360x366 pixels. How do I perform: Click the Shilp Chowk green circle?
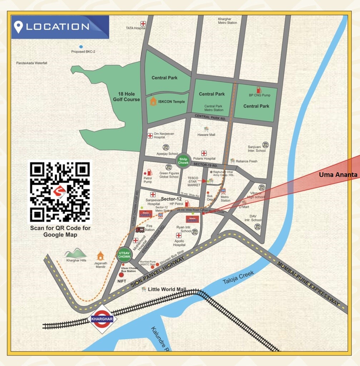[184, 161]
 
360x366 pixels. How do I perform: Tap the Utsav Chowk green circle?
[124, 254]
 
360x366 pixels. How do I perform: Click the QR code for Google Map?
[60, 192]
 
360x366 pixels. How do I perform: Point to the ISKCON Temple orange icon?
[153, 101]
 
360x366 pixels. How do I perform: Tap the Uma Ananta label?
[338, 175]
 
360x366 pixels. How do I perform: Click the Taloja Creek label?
[238, 278]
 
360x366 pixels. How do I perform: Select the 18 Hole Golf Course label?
[127, 97]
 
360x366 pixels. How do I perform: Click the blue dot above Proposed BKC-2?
[81, 47]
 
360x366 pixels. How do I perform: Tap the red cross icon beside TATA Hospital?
[143, 24]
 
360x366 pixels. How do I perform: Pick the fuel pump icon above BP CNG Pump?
[258, 90]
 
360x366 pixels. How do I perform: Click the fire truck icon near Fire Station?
[140, 229]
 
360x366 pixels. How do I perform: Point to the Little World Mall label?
[167, 289]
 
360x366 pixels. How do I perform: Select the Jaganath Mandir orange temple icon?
[100, 256]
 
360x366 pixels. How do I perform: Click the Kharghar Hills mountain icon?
[76, 253]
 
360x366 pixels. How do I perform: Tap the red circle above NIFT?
[121, 275]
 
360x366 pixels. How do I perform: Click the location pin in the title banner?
[18, 27]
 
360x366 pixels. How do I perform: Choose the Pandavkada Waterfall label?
[32, 63]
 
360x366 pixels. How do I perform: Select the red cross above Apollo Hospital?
[179, 236]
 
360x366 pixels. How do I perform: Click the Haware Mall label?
[206, 135]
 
